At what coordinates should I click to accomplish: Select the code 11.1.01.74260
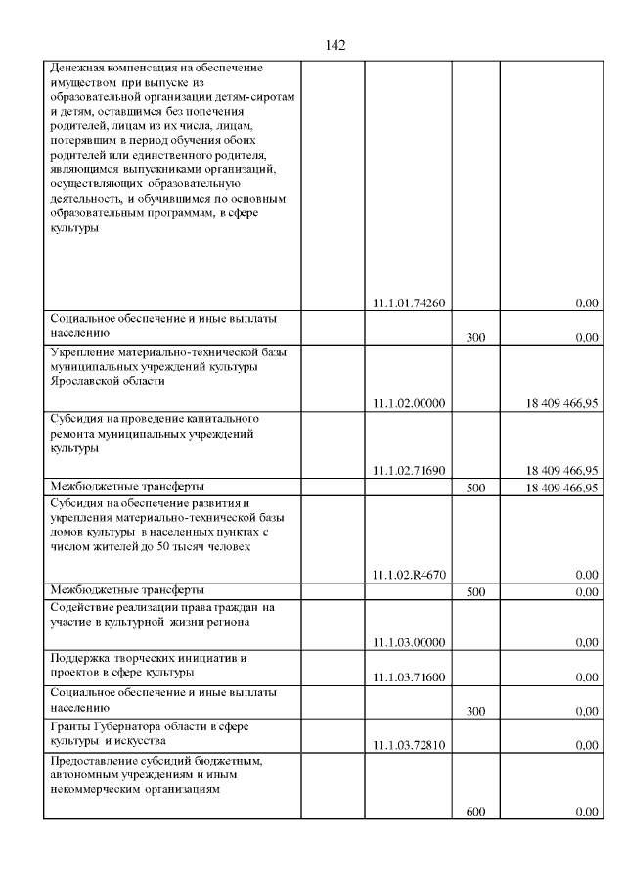409,303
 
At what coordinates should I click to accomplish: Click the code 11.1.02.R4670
409,575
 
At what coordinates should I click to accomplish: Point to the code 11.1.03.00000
409,642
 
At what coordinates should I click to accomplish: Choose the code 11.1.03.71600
409,676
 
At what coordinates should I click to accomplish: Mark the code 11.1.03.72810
409,745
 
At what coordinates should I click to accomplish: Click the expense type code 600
476,812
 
